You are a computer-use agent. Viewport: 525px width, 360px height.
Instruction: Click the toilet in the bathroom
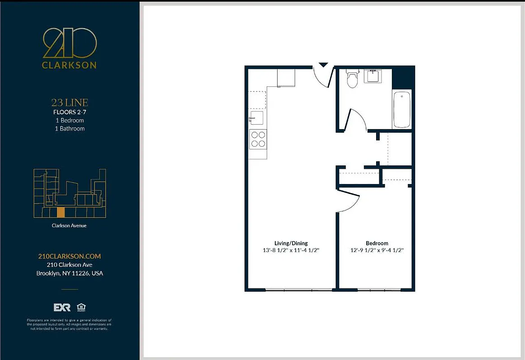[352, 79]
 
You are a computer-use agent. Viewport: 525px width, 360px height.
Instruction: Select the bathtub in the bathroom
[402, 110]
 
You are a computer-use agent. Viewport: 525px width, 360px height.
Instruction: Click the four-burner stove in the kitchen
[258, 139]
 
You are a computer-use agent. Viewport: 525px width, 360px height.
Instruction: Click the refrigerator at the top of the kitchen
[286, 77]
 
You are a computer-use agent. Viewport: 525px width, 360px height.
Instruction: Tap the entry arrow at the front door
[323, 65]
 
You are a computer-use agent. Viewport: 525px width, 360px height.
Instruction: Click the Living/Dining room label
[291, 243]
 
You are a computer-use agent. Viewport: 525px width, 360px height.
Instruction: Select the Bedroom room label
[377, 243]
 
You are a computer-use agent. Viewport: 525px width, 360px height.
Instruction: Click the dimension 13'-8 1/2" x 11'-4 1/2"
[291, 250]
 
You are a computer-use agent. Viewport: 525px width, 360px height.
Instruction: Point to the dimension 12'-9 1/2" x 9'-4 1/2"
[377, 250]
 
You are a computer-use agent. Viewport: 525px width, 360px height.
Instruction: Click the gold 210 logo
[69, 43]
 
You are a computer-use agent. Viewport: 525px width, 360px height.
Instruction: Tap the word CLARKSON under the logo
[69, 65]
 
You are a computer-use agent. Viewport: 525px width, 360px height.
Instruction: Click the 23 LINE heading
[69, 103]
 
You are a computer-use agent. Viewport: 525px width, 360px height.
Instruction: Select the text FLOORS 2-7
[69, 112]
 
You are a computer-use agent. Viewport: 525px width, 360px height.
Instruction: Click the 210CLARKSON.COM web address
[69, 256]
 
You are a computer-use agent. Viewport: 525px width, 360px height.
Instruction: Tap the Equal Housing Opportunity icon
[81, 307]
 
